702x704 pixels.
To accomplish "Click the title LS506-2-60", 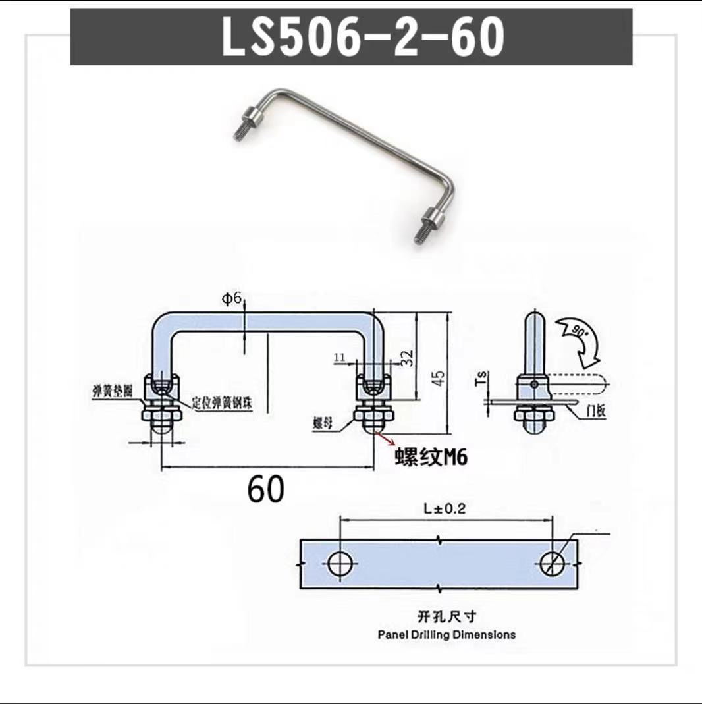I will (x=363, y=38).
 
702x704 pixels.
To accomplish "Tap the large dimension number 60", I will (x=266, y=489).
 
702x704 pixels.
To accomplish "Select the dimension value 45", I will (x=439, y=377).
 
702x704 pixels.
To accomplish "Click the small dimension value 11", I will (x=340, y=356).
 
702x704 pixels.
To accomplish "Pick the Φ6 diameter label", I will (x=232, y=299).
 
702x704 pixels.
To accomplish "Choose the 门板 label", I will (x=596, y=412).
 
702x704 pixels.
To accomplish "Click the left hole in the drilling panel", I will (x=341, y=564).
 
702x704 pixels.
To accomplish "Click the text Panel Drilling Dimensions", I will (x=446, y=635).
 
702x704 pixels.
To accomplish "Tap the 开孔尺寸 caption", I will (x=446, y=617).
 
